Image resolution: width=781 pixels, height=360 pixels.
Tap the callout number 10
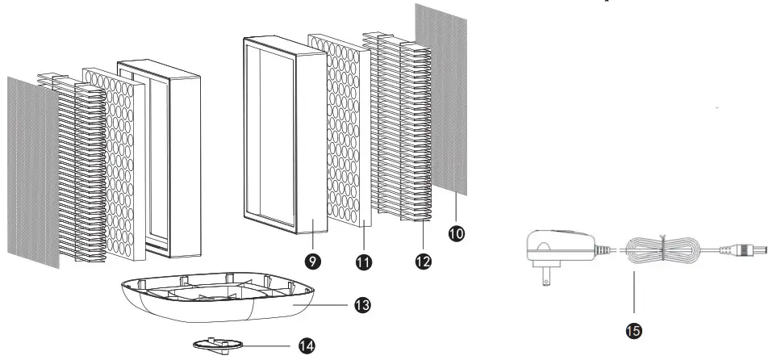click(x=457, y=232)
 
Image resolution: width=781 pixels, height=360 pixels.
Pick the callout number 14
click(x=306, y=345)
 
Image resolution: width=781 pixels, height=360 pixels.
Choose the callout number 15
click(x=634, y=329)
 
